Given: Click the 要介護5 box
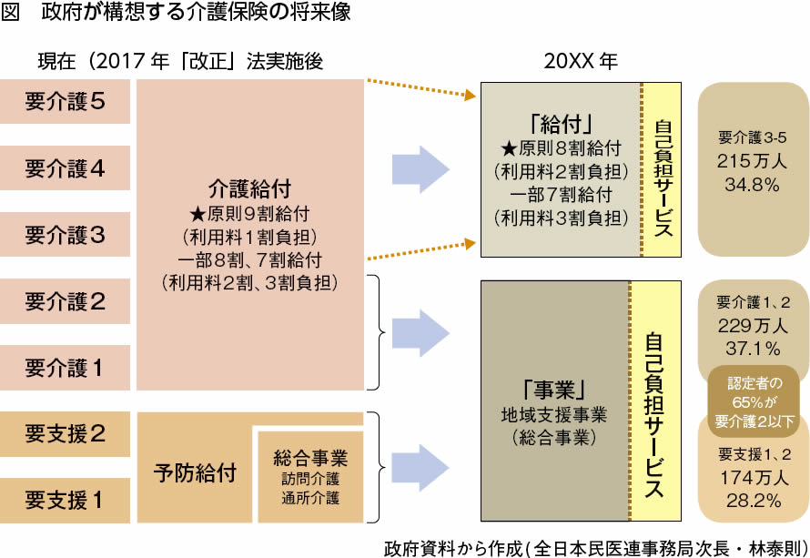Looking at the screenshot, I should point(65,102).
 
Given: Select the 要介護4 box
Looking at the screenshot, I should point(65,168).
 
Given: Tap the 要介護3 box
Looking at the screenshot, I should point(65,235).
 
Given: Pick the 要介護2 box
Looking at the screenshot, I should point(65,301).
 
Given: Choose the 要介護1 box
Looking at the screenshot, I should point(65,368).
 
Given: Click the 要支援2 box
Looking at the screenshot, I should point(65,433).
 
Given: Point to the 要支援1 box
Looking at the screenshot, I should point(65,500).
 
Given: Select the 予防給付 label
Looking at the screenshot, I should point(195,473).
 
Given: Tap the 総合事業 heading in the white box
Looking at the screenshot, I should point(310,457).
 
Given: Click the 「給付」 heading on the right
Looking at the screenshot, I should point(561,123).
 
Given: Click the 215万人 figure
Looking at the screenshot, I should point(752,161).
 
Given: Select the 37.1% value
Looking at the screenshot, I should point(752,348).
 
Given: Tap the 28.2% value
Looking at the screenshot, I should point(752,499).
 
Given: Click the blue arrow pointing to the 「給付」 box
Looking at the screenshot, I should point(421,168).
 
